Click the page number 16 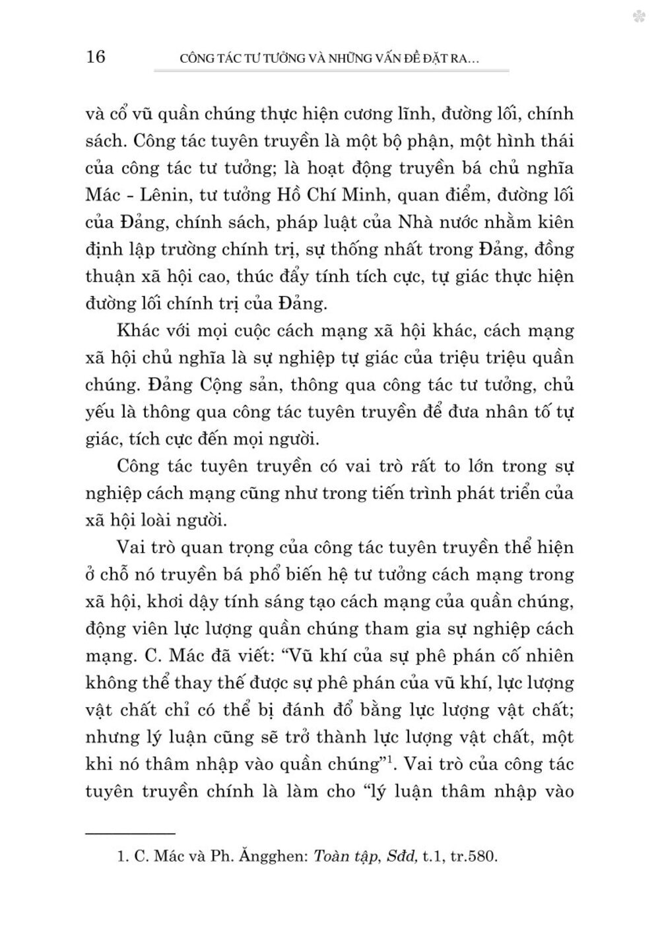pos(96,57)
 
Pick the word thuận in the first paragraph pos(108,277)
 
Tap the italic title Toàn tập pos(341,858)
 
